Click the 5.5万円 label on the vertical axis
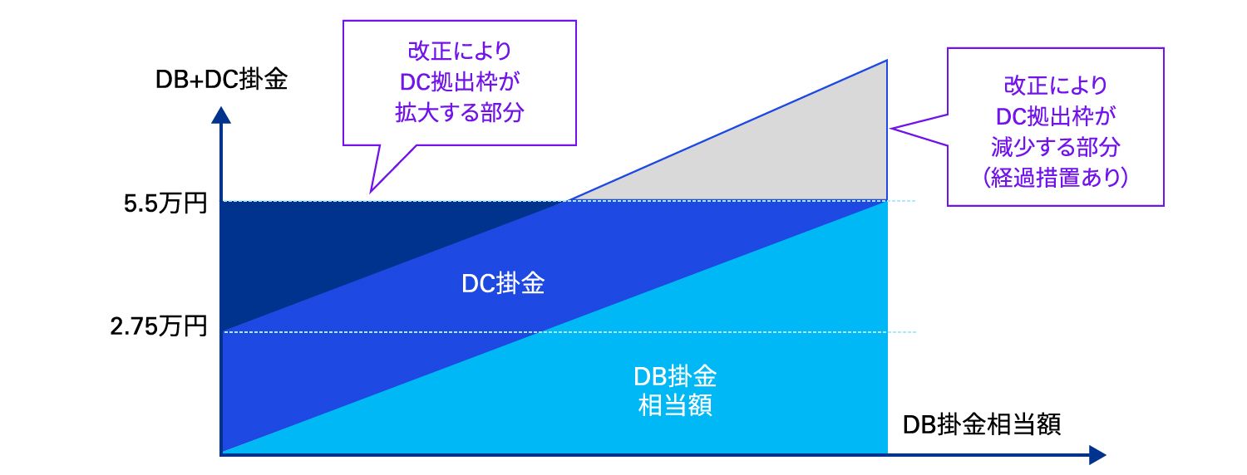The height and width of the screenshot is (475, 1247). [x=164, y=202]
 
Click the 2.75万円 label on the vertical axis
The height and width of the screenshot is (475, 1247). [x=158, y=326]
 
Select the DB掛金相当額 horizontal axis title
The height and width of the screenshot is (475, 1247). [x=982, y=424]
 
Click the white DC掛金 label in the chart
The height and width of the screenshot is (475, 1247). [x=503, y=284]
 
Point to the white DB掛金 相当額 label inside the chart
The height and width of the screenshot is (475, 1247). [x=674, y=391]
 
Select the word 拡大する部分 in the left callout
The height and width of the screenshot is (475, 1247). [x=460, y=113]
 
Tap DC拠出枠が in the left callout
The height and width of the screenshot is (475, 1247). [x=460, y=81]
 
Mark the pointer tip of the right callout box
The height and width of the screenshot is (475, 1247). [x=893, y=128]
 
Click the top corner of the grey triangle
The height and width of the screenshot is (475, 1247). [x=886, y=61]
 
